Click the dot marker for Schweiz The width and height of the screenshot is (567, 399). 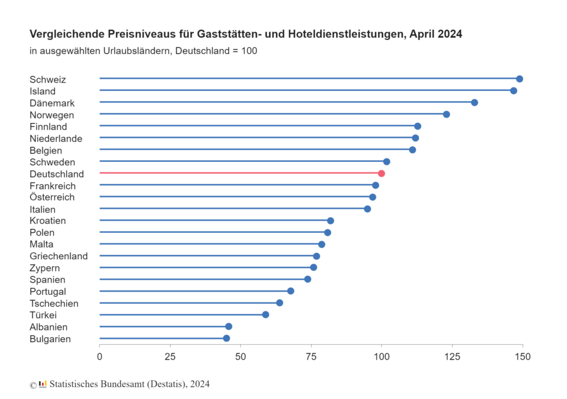pos(519,79)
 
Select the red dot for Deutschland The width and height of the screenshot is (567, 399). pos(382,173)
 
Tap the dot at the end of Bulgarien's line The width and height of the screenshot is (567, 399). pos(226,338)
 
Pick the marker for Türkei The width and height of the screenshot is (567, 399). pos(265,315)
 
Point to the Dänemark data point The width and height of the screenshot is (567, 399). pos(475,103)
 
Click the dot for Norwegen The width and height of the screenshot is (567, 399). pos(446,114)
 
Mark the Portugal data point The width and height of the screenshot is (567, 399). pos(291,291)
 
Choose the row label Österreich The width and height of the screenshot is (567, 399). pos(52,197)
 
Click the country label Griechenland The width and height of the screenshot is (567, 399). pos(59,256)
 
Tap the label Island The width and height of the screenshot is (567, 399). pos(43,91)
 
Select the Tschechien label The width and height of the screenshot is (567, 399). pos(54,303)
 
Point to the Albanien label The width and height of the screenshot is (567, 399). pos(49,327)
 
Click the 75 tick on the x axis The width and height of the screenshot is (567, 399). pos(311,356)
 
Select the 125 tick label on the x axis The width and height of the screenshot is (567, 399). pos(452,356)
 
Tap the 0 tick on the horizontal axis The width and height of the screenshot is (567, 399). pos(100,356)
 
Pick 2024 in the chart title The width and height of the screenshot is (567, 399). pos(449,34)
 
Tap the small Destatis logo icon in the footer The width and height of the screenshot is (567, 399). pos(43,383)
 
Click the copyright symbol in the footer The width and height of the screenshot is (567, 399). pos(33,384)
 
